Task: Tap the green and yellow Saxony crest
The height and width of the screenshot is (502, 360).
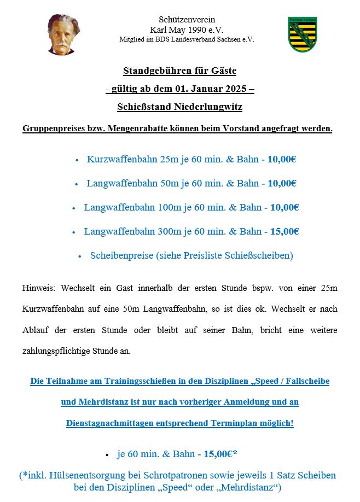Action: (303, 34)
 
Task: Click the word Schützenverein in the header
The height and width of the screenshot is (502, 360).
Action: (187, 20)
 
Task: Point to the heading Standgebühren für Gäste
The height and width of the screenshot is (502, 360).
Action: (179, 71)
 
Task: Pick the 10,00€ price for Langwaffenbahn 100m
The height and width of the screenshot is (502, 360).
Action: (284, 207)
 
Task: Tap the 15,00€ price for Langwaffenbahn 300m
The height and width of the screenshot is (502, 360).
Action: (284, 231)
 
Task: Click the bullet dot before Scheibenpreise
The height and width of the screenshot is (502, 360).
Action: (79, 256)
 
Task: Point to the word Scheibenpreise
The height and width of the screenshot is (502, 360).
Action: (120, 255)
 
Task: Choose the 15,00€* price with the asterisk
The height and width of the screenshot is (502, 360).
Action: (220, 454)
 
